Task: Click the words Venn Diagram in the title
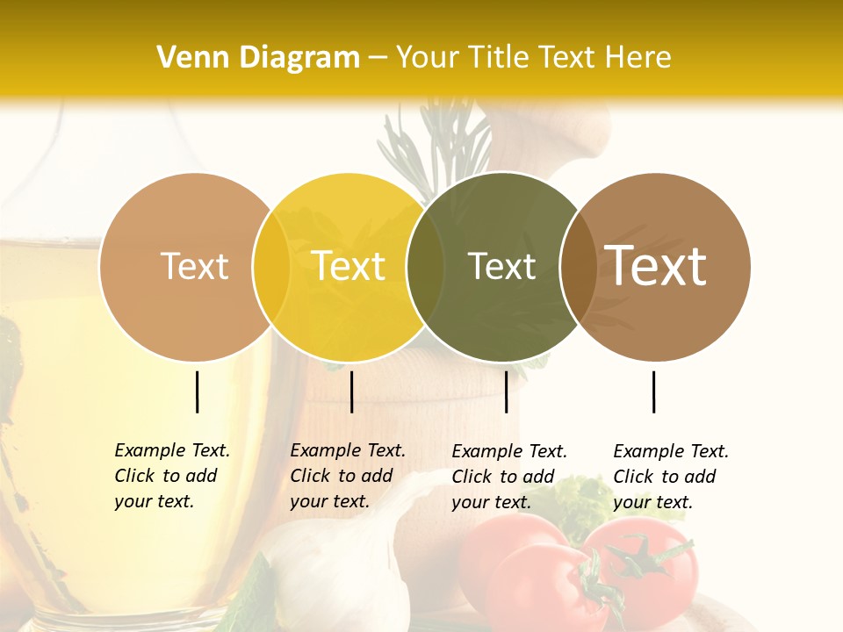click(x=258, y=58)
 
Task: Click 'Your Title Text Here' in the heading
click(x=533, y=58)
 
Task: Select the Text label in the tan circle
click(x=194, y=266)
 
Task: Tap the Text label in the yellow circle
click(x=349, y=266)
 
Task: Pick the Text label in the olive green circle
click(x=501, y=266)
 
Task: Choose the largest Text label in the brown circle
click(x=656, y=266)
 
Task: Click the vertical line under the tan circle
click(x=198, y=391)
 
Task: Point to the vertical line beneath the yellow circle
click(x=351, y=391)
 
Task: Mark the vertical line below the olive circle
click(x=507, y=391)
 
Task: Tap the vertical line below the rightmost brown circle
click(x=654, y=391)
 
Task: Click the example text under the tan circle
click(x=172, y=476)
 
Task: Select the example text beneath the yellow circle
click(x=348, y=476)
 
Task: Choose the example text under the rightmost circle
click(x=671, y=477)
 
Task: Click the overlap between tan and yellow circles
click(x=271, y=267)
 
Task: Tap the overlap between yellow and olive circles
click(x=425, y=267)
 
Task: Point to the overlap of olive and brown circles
click(x=578, y=267)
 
